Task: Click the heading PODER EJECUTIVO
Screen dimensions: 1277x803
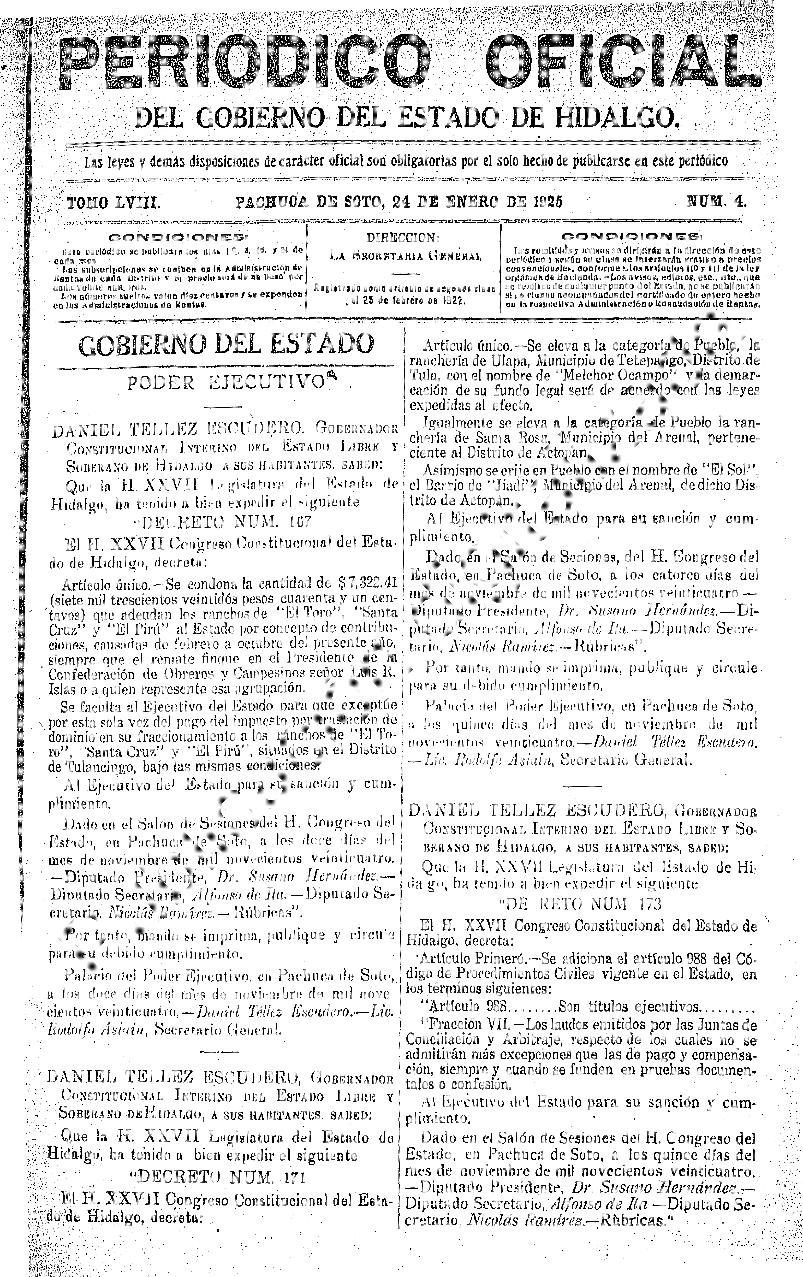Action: tap(225, 383)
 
